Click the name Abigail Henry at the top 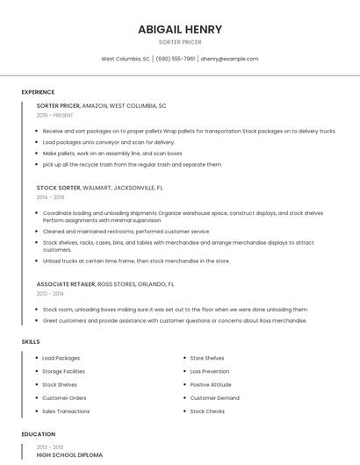[179, 29]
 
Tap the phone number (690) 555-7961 [176, 59]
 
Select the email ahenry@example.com [229, 59]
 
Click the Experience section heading [38, 92]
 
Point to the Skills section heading [30, 341]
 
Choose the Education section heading [38, 434]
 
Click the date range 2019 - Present [54, 115]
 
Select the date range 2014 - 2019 [50, 197]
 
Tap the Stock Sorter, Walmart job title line [99, 188]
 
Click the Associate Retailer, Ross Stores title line [104, 284]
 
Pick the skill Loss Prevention [211, 371]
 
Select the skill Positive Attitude [211, 384]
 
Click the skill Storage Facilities [63, 371]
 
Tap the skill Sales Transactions [66, 411]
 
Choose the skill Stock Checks [207, 411]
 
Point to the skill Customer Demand [214, 397]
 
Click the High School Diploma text [69, 455]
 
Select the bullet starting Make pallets [112, 154]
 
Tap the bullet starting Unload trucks [136, 261]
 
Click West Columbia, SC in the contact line [126, 59]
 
